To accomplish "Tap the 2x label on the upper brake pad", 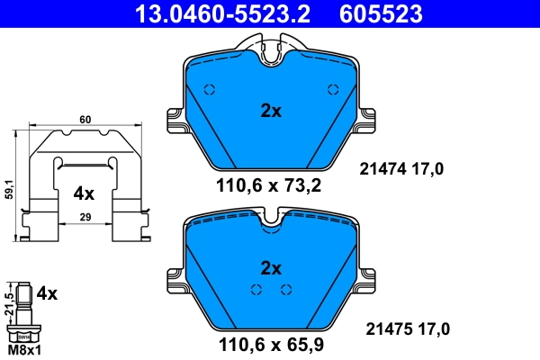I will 271,112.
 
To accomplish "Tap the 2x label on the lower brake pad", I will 271,268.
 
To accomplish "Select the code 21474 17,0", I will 401,168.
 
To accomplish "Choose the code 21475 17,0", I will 401,328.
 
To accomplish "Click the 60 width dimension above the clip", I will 85,119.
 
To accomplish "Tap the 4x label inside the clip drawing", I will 84,193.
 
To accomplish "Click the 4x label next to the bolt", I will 47,293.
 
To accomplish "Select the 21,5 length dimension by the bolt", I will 9,302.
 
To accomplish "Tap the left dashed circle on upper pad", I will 210,89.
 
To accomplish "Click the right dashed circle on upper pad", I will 332,89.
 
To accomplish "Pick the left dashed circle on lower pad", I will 256,289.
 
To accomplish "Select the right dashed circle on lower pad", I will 286,289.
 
